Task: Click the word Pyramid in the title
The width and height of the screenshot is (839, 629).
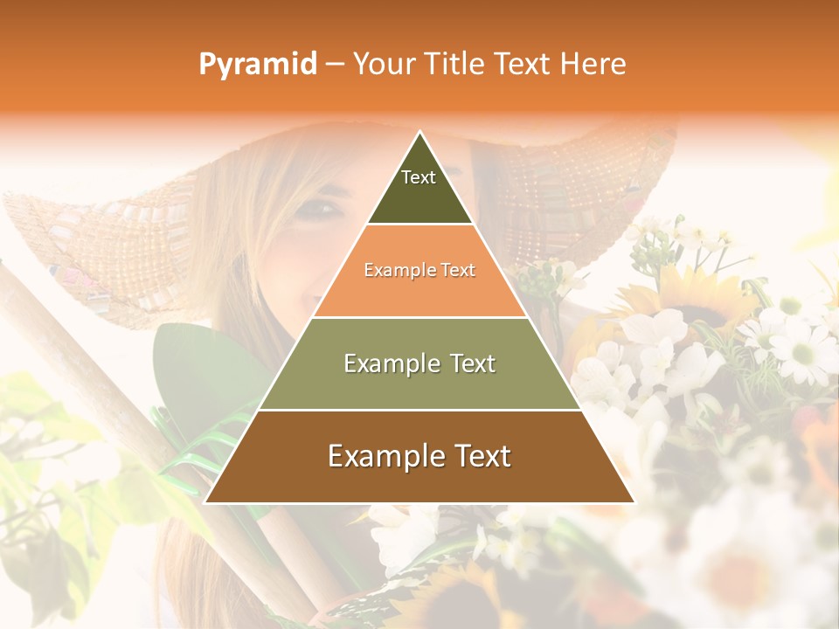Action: (258, 64)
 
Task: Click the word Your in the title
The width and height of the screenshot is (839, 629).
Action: (382, 64)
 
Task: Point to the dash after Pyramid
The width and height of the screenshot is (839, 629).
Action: (335, 65)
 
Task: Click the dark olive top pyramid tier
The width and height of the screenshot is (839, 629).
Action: (419, 197)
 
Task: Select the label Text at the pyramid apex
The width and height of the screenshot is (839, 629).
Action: (419, 177)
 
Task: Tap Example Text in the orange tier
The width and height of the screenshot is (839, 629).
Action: (419, 271)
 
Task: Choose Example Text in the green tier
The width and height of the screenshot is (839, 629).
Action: (419, 363)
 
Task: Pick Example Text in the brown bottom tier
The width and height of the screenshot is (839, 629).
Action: (419, 456)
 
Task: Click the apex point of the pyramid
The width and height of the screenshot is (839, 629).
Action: (420, 133)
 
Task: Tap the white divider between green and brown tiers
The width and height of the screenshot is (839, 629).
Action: (419, 410)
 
